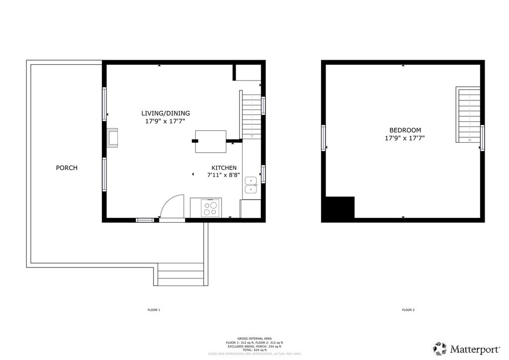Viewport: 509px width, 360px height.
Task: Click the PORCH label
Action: click(x=67, y=168)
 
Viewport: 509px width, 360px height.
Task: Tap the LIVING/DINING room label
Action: click(x=166, y=113)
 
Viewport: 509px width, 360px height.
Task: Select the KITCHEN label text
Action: click(x=224, y=168)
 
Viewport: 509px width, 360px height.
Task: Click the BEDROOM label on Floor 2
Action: click(x=405, y=130)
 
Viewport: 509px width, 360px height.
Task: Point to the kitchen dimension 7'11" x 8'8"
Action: click(x=224, y=175)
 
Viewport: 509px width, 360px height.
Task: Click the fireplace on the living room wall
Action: click(x=113, y=138)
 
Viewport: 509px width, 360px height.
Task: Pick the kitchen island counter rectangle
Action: click(x=211, y=141)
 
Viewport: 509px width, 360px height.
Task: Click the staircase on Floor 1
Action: click(x=251, y=115)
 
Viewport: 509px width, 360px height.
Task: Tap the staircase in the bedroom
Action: click(x=468, y=115)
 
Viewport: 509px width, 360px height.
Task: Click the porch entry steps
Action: click(x=180, y=274)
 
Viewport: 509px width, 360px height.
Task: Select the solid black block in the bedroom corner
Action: click(x=338, y=209)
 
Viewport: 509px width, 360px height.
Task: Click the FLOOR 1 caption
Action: click(x=154, y=310)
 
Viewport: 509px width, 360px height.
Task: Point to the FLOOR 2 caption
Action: click(x=408, y=310)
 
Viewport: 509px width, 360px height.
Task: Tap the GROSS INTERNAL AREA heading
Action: click(x=254, y=339)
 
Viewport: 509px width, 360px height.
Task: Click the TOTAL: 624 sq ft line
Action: click(x=254, y=350)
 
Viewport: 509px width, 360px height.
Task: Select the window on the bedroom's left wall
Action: click(x=324, y=138)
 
